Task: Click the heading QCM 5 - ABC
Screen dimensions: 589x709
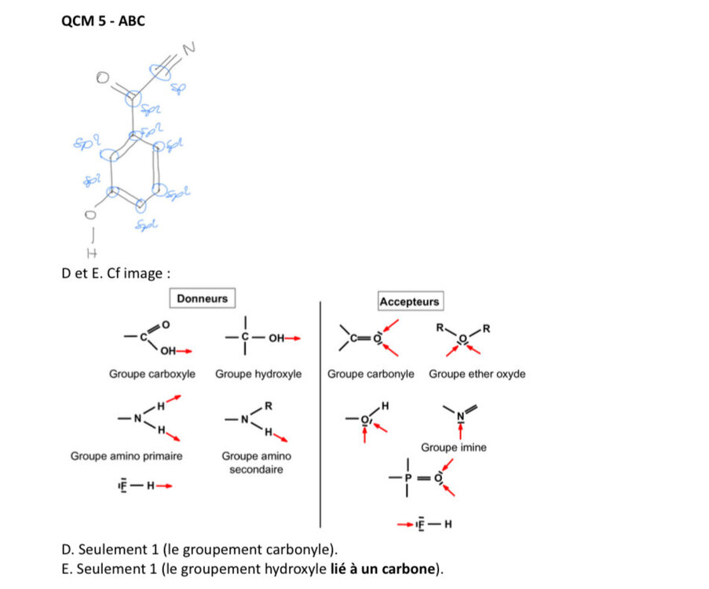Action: [103, 20]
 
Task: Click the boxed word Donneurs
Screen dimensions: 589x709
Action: [202, 298]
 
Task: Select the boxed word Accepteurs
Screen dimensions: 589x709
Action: [409, 302]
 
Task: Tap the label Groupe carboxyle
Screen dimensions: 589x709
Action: [152, 375]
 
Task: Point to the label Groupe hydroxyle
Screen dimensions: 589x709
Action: [258, 375]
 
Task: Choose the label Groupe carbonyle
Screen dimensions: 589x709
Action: [371, 375]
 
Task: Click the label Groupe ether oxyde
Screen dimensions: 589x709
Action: [477, 375]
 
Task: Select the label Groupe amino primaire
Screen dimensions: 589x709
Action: [126, 455]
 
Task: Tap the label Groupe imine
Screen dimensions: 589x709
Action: [454, 448]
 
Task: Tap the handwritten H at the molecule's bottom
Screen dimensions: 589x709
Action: [88, 251]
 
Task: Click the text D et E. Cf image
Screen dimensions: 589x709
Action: [115, 273]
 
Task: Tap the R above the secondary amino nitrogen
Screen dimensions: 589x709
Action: [269, 405]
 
